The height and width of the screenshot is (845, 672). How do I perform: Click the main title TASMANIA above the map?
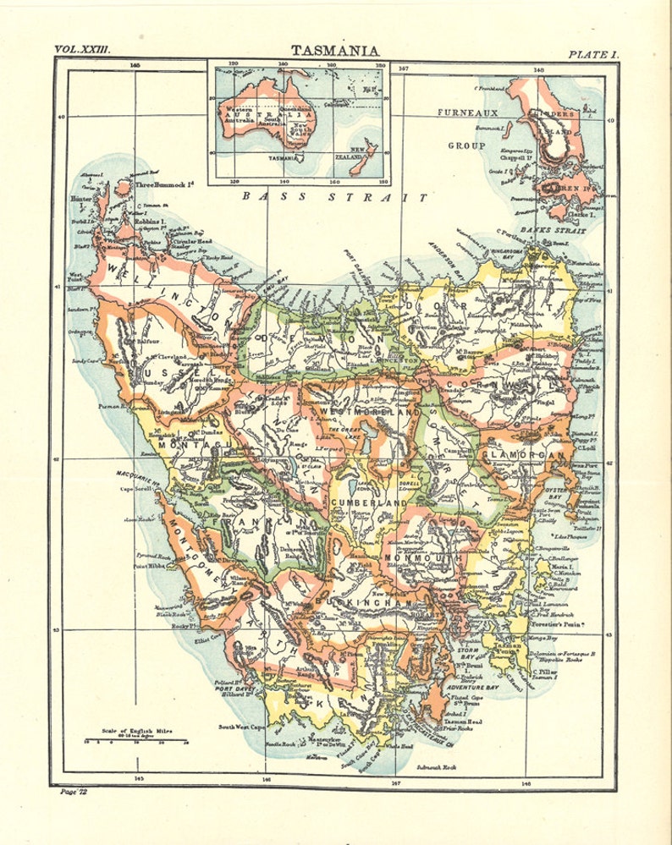[335, 51]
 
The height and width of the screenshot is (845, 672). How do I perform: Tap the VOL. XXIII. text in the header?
[84, 51]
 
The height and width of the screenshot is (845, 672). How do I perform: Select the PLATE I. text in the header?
[593, 54]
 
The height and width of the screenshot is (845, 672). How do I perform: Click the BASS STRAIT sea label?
[334, 197]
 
